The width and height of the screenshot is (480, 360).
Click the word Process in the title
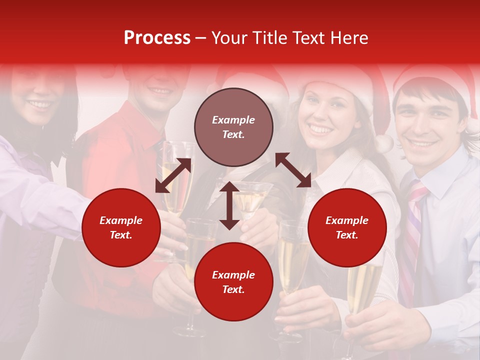tap(157, 38)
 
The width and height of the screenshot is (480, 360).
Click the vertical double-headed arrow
tap(229, 205)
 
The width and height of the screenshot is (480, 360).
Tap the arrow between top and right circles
tap(293, 170)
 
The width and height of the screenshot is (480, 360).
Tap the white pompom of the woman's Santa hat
tap(384, 143)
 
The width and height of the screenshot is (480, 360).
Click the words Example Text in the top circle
tap(233, 127)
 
